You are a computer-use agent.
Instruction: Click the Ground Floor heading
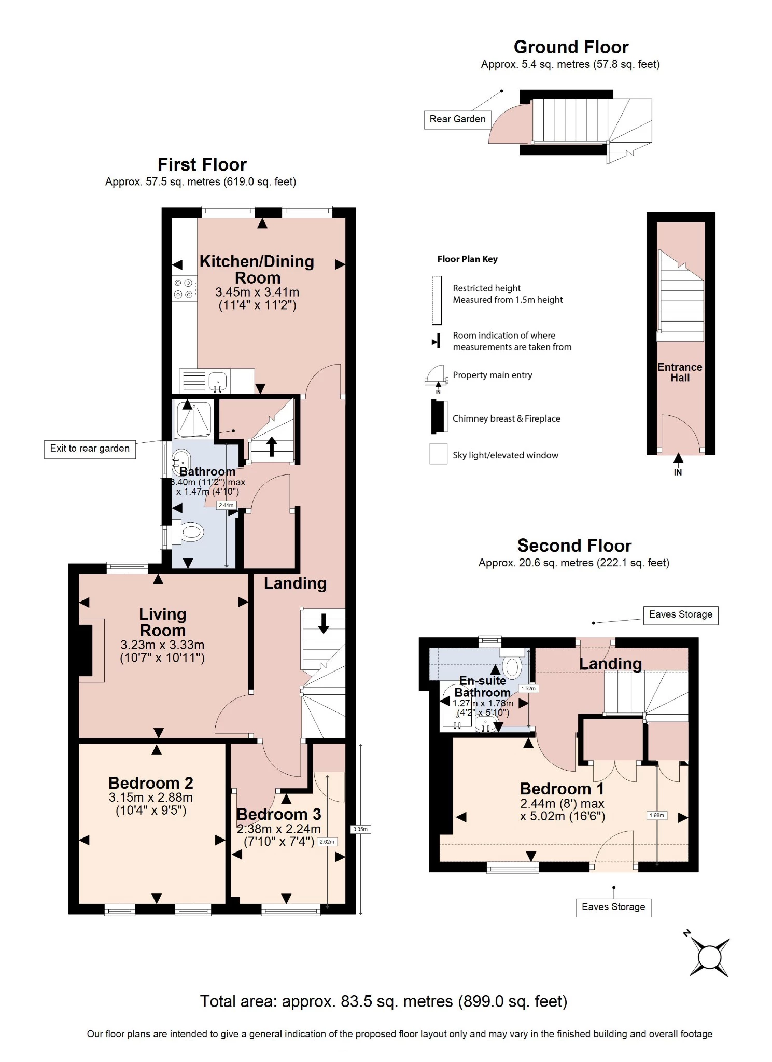tap(570, 47)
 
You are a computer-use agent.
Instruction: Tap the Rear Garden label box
tap(457, 119)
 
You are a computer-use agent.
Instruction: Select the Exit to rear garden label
tap(90, 449)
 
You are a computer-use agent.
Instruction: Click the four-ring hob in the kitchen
tap(184, 289)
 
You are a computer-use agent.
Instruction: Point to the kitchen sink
tap(218, 381)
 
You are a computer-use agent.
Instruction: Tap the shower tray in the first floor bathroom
tap(194, 418)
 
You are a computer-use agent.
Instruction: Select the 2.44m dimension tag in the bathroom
tap(226, 505)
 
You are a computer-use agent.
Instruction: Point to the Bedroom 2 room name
tap(150, 782)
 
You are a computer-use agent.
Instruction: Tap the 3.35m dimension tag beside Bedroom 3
tap(360, 829)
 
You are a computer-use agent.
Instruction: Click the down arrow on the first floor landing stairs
tap(324, 623)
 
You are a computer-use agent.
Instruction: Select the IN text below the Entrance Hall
tap(678, 472)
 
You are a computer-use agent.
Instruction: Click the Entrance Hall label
tap(680, 372)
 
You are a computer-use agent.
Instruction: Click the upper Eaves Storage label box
tap(680, 615)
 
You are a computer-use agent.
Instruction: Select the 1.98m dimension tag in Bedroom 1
tap(656, 816)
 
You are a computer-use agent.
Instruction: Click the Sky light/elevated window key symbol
tap(438, 454)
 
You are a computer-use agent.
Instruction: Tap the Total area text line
tap(384, 1001)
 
